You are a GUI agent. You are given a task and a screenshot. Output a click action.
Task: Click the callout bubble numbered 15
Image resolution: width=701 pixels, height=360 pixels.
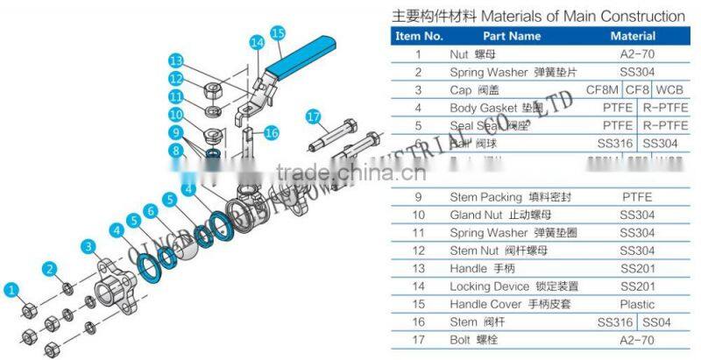click(x=279, y=33)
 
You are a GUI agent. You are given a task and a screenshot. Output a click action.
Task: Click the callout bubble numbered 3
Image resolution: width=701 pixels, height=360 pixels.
click(x=89, y=245)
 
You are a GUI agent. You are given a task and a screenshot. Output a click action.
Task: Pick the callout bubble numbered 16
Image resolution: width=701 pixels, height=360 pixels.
click(x=272, y=132)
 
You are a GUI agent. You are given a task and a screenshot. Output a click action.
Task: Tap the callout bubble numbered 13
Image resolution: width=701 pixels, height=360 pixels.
click(x=177, y=60)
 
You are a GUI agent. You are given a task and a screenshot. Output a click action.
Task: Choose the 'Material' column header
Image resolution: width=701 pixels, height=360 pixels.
click(x=633, y=37)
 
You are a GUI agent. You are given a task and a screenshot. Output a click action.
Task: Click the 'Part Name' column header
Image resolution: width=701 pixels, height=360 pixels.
click(x=513, y=37)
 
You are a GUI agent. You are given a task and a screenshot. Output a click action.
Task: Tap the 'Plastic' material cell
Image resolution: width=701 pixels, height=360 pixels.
click(x=636, y=304)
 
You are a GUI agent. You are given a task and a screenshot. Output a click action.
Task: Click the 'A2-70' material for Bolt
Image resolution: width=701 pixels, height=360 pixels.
click(x=636, y=340)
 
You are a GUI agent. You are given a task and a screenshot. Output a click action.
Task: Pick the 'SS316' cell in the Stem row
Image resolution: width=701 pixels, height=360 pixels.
click(x=616, y=322)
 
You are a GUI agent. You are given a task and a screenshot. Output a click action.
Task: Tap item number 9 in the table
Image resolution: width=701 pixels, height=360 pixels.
click(x=418, y=197)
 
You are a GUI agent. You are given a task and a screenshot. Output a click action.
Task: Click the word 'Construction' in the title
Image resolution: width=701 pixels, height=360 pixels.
click(x=640, y=16)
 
